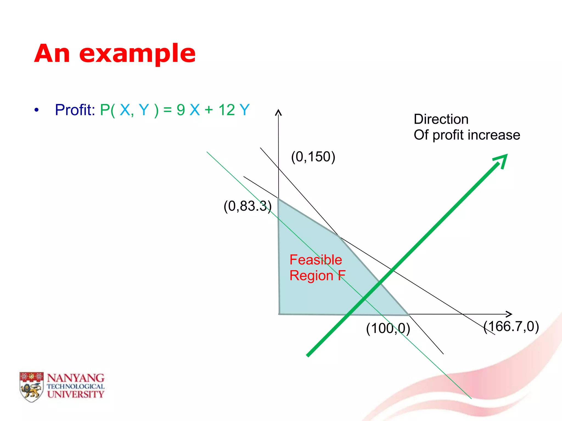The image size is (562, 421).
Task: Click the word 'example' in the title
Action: click(137, 54)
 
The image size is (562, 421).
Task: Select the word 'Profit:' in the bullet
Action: click(75, 110)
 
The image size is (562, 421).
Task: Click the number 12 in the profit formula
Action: click(227, 110)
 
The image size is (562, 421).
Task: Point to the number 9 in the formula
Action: click(181, 110)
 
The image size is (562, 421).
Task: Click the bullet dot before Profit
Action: click(36, 110)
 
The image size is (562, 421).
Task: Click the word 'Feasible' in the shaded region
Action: click(316, 260)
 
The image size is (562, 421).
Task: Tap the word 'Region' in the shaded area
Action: click(311, 275)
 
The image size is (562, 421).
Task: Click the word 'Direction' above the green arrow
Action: click(441, 119)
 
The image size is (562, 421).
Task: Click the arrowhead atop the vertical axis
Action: click(279, 112)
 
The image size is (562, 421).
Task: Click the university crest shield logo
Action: click(32, 387)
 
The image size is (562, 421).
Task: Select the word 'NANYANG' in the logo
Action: click(76, 378)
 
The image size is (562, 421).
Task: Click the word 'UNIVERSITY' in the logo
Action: click(76, 394)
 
